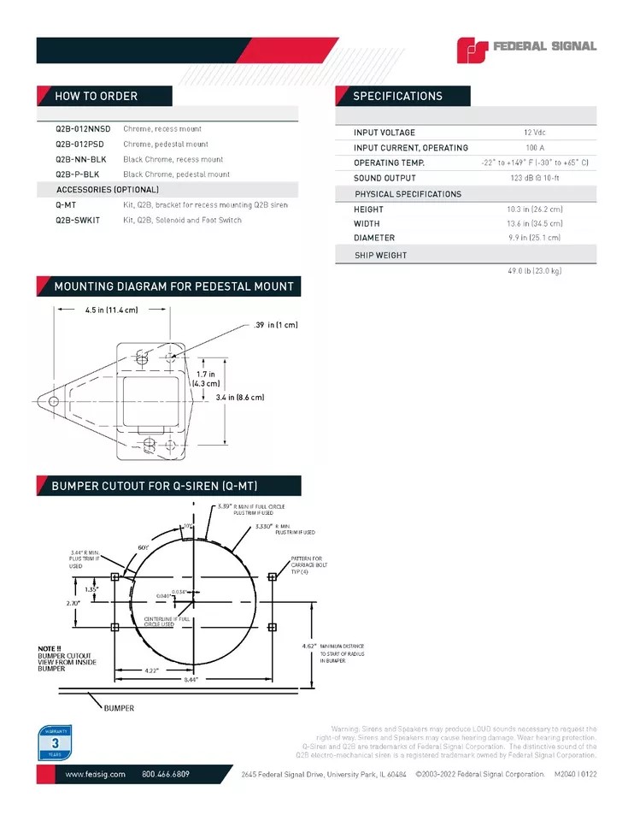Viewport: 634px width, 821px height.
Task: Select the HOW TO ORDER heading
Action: click(x=96, y=96)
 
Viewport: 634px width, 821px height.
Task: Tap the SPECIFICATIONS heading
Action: click(x=397, y=96)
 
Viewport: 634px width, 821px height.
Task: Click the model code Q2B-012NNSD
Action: click(x=83, y=128)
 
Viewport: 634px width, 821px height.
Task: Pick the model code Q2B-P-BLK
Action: click(x=77, y=174)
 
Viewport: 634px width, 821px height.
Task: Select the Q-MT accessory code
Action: click(x=66, y=205)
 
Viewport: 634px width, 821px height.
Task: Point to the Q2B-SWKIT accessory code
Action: click(x=78, y=221)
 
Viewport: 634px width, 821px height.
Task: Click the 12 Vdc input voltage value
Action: click(x=535, y=133)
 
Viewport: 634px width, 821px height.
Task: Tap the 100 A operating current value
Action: click(x=536, y=148)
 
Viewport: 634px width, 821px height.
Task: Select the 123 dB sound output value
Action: click(x=535, y=178)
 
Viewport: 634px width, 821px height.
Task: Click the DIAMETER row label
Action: click(x=374, y=239)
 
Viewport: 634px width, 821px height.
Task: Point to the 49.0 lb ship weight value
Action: click(x=535, y=270)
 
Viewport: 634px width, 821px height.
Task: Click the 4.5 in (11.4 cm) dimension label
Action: click(x=111, y=310)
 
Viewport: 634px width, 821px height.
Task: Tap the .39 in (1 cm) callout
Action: click(x=275, y=325)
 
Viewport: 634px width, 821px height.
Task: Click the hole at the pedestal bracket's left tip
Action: click(x=53, y=400)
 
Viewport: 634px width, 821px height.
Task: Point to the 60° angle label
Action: click(x=144, y=546)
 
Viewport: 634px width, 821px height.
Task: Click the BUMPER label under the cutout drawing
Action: click(x=119, y=708)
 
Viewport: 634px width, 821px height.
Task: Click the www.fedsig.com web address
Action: click(x=96, y=774)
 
